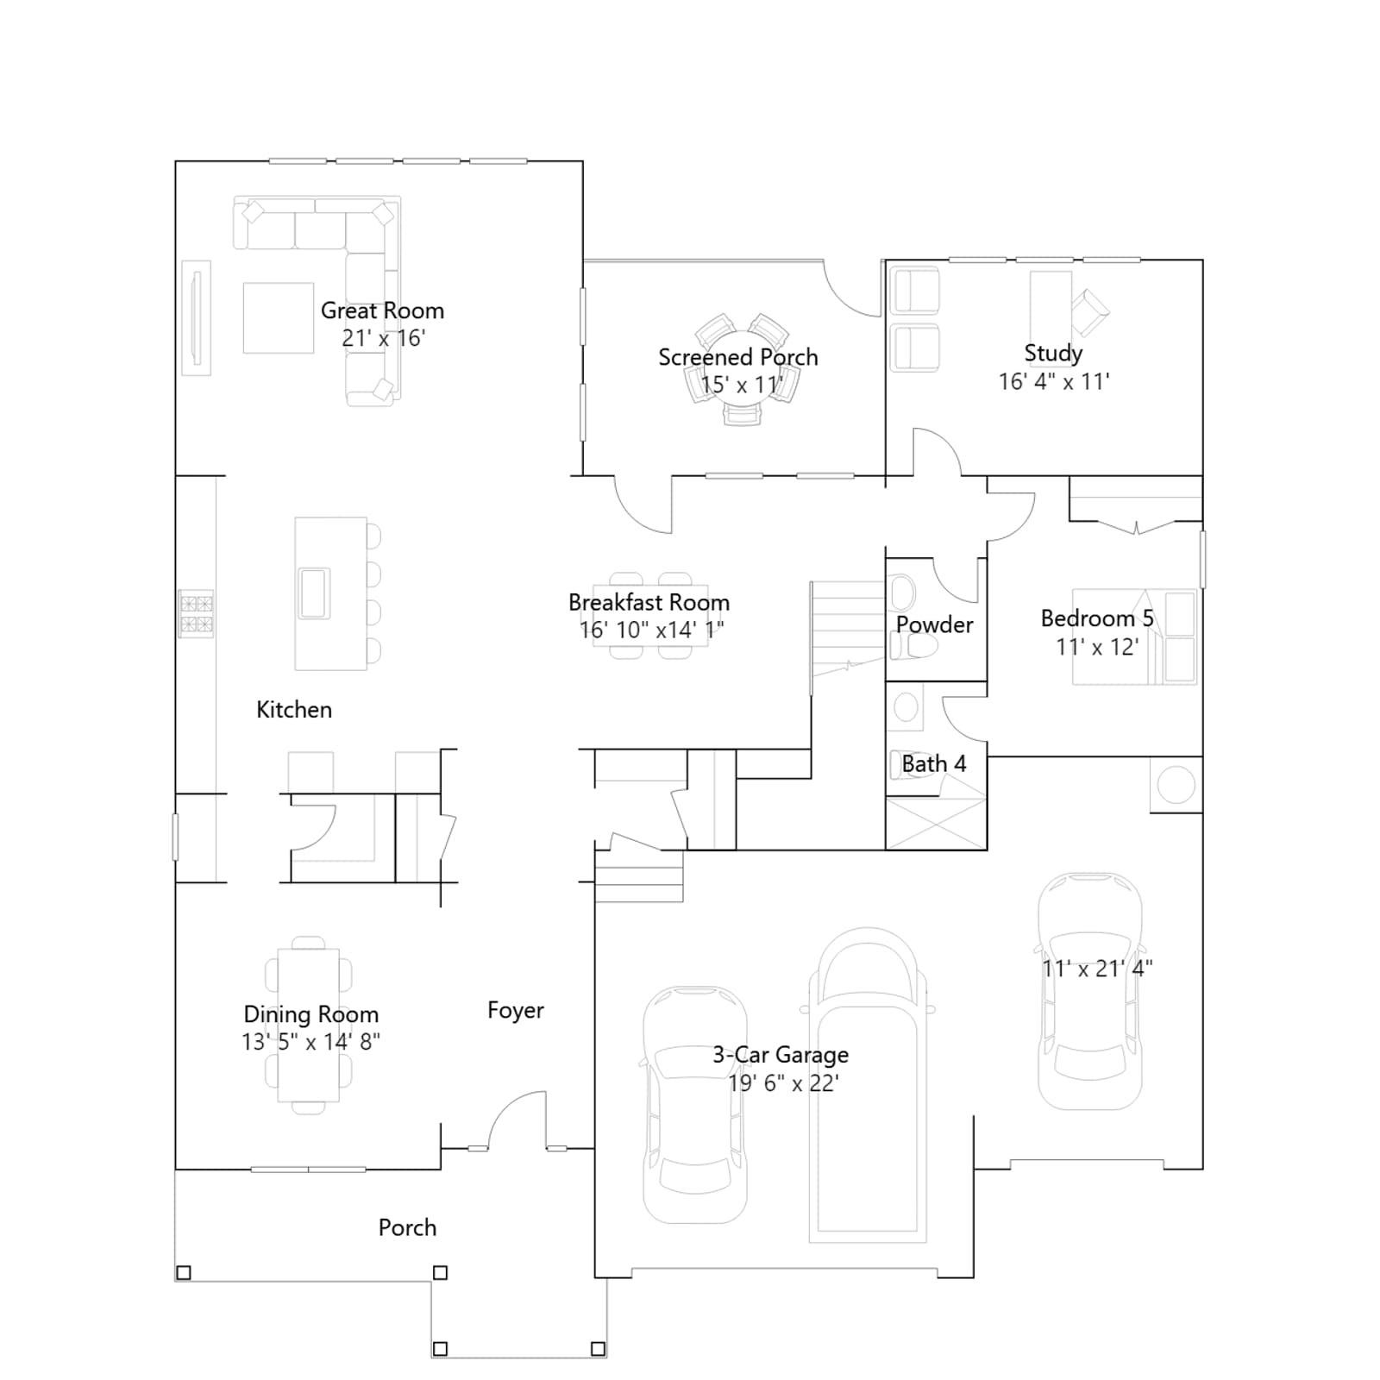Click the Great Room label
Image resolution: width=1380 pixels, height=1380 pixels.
[382, 310]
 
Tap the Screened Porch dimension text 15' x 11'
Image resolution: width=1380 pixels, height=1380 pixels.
[741, 385]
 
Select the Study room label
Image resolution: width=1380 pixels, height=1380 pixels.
[1053, 353]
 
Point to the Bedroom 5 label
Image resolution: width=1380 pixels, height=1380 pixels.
[1097, 618]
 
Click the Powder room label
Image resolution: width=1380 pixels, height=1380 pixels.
[934, 624]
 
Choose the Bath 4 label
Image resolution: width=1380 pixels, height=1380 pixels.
[934, 763]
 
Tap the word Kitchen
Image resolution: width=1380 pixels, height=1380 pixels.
[294, 710]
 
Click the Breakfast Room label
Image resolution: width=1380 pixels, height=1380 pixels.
[649, 602]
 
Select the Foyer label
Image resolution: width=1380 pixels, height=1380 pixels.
[516, 1010]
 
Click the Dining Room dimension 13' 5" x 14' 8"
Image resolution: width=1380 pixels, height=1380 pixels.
[310, 1042]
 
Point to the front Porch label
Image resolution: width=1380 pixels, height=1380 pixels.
[407, 1227]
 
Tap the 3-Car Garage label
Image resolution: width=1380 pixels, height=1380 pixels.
[781, 1055]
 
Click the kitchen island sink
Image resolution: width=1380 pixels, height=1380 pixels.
[314, 593]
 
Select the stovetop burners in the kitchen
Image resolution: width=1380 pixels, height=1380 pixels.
[196, 613]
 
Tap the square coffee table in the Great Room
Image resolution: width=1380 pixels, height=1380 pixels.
[278, 318]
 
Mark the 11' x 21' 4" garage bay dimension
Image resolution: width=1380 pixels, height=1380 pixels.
[1097, 969]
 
